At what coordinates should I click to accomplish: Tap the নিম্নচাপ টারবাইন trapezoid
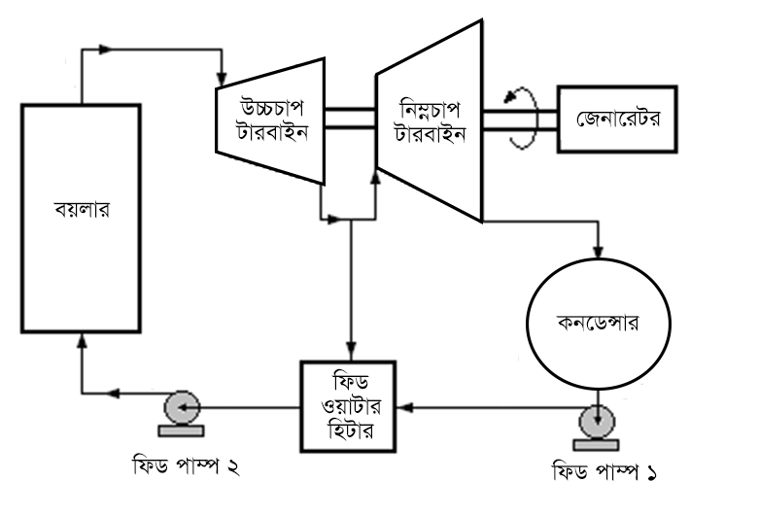point(429,121)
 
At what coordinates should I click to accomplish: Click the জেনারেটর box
point(617,120)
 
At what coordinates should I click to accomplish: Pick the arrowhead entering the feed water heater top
point(351,352)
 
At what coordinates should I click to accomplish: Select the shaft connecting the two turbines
point(349,117)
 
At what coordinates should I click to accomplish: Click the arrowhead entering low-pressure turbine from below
point(376,178)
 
